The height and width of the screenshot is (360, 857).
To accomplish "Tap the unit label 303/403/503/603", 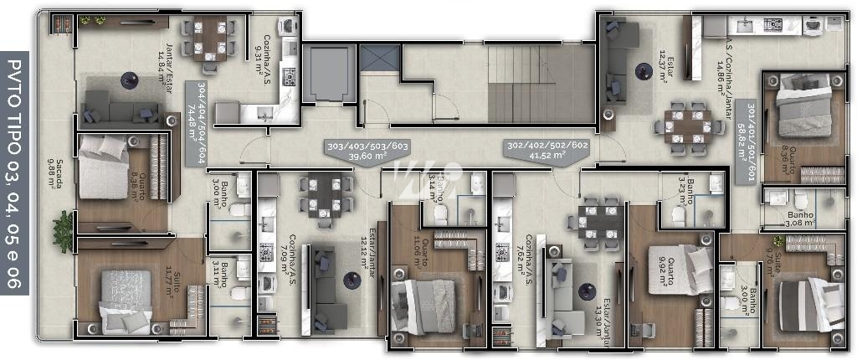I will [x=367, y=151].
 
